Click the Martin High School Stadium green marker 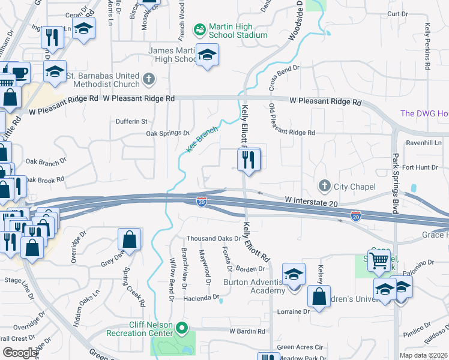click(x=199, y=29)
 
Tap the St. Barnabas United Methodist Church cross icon click(x=149, y=79)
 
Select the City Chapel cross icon click(x=325, y=186)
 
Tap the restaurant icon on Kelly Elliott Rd click(x=249, y=160)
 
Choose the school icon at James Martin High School click(x=208, y=55)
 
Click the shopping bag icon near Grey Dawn click(x=130, y=239)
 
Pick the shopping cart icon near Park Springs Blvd click(x=379, y=260)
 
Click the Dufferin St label click(x=131, y=121)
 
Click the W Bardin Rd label click(x=247, y=331)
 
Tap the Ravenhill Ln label click(x=424, y=143)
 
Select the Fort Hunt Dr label click(x=426, y=167)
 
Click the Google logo click(x=20, y=353)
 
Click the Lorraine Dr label click(x=293, y=311)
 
